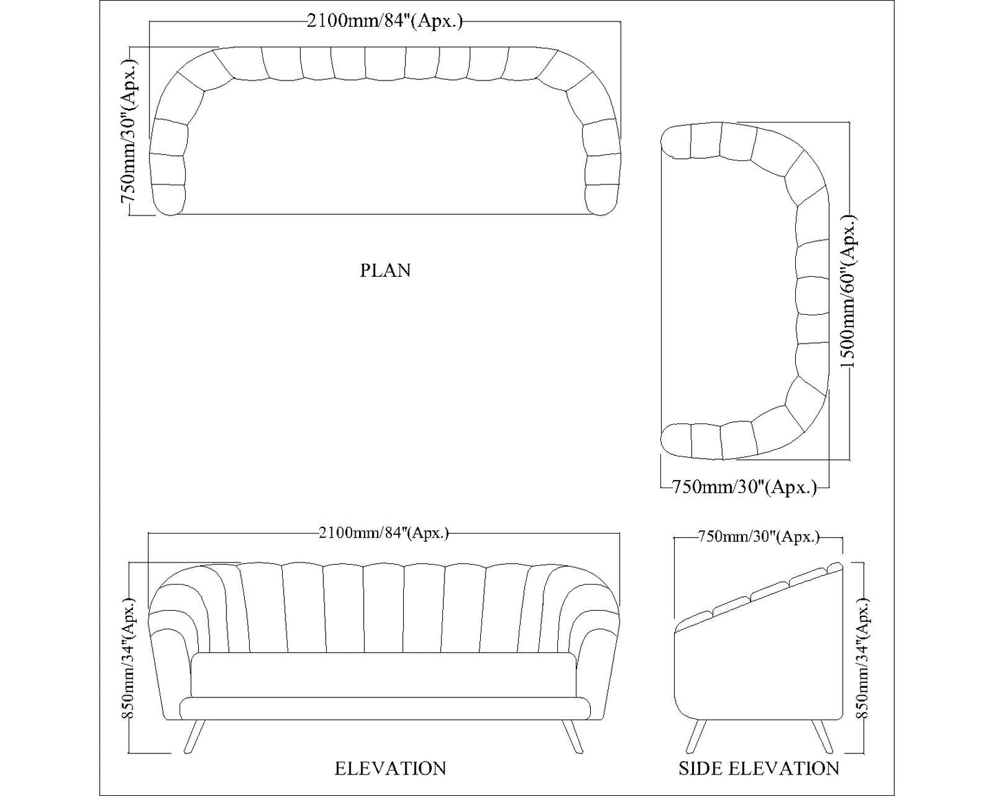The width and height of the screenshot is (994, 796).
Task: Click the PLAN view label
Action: [x=385, y=271]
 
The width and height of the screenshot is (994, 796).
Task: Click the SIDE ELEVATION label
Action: [x=758, y=768]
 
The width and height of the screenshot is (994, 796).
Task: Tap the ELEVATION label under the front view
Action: [x=390, y=768]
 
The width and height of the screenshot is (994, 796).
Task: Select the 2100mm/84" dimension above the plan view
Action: [x=385, y=21]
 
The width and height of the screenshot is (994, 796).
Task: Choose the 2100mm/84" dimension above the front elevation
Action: [x=384, y=533]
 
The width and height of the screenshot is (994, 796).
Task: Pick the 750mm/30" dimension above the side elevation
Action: [x=758, y=537]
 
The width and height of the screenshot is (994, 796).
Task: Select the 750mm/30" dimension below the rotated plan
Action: [x=744, y=488]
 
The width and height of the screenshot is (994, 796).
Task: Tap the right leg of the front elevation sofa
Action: [x=571, y=736]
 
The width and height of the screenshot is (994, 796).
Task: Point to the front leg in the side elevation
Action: [x=695, y=736]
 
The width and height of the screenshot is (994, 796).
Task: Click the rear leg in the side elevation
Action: [x=822, y=736]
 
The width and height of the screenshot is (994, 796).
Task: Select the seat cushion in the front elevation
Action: [x=383, y=675]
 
